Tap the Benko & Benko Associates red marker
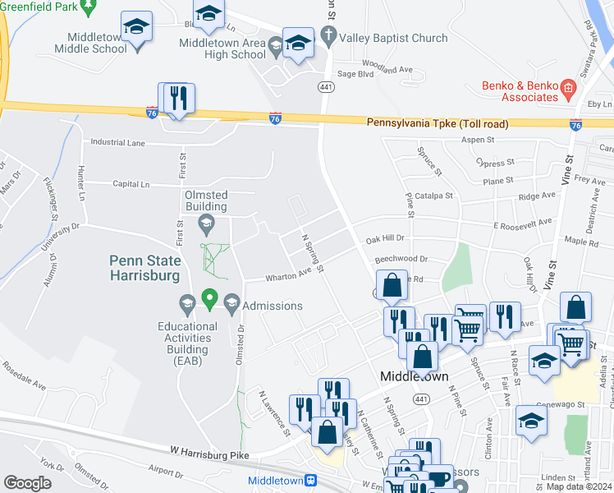(566, 86)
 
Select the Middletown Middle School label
(90, 42)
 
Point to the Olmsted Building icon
(207, 222)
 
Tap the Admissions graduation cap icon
(231, 305)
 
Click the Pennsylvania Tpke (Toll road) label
(437, 123)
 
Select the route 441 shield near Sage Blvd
(325, 85)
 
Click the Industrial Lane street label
(117, 142)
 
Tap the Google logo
(27, 482)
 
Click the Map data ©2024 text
(579, 486)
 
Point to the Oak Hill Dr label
(385, 238)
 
